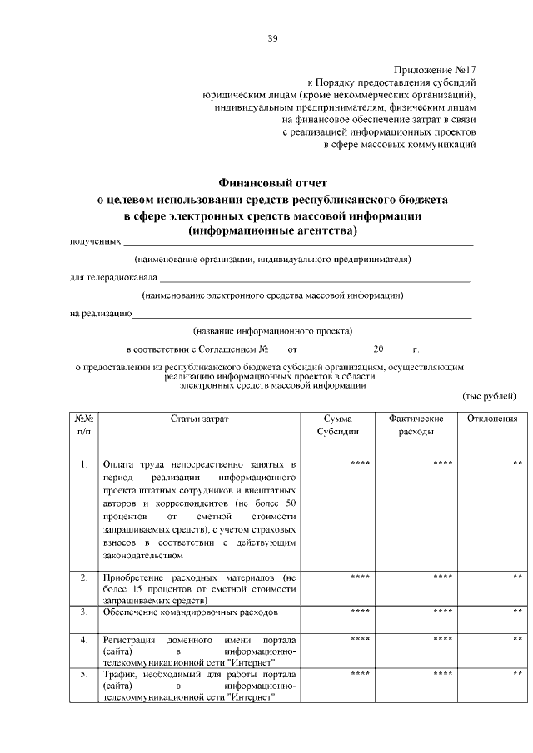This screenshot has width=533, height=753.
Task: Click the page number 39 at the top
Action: click(272, 38)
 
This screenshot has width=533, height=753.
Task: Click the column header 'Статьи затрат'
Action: click(197, 419)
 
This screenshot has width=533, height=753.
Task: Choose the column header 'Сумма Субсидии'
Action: click(339, 426)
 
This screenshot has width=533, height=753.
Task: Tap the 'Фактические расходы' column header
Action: click(415, 426)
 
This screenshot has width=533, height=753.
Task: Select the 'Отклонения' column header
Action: click(492, 419)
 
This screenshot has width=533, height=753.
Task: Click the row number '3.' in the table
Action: click(83, 612)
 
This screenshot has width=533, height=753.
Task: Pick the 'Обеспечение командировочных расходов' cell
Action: click(190, 612)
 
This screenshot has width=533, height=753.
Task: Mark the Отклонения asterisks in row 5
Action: click(517, 674)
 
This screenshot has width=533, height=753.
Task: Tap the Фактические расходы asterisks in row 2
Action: click(442, 577)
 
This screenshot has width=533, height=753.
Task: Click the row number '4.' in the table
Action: click(83, 640)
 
